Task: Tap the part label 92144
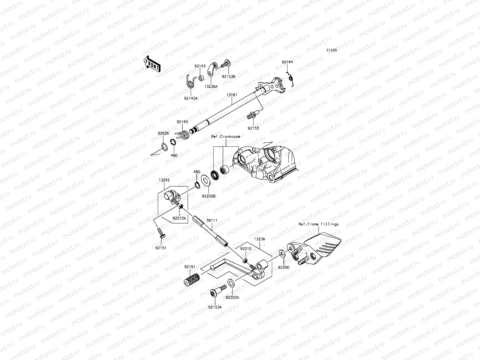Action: pyautogui.click(x=287, y=62)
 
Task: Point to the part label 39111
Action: pyautogui.click(x=212, y=220)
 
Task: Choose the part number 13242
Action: pyautogui.click(x=164, y=180)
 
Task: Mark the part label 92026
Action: pyautogui.click(x=163, y=133)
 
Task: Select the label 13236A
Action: pyautogui.click(x=211, y=86)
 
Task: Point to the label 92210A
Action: pyautogui.click(x=179, y=218)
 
